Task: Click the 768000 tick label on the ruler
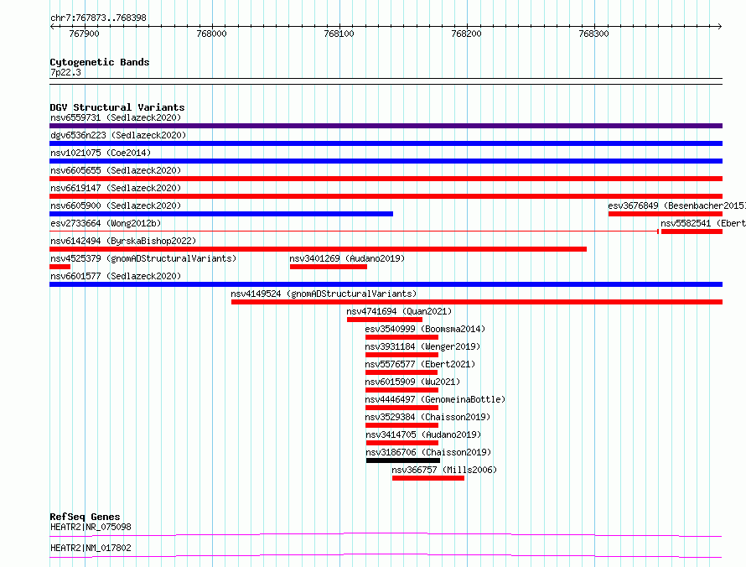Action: pyautogui.click(x=212, y=34)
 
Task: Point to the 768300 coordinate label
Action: pyautogui.click(x=593, y=34)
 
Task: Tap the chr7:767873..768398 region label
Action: pyautogui.click(x=98, y=18)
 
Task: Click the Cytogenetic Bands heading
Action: pyautogui.click(x=100, y=62)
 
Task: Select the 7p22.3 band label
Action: pyautogui.click(x=65, y=72)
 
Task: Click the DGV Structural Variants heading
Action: pyautogui.click(x=117, y=107)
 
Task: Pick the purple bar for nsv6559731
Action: pyautogui.click(x=386, y=126)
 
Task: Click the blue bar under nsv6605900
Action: pyautogui.click(x=221, y=214)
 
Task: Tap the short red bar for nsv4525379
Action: pyautogui.click(x=60, y=267)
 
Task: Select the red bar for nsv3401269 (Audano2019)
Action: pyautogui.click(x=329, y=267)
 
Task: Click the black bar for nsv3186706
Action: pyautogui.click(x=403, y=460)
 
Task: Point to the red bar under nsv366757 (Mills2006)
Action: pyautogui.click(x=428, y=478)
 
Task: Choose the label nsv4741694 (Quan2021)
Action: pyautogui.click(x=399, y=311)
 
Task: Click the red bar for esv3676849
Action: pyautogui.click(x=666, y=214)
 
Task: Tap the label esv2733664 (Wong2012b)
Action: pyautogui.click(x=106, y=223)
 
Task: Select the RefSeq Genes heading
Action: pyautogui.click(x=85, y=517)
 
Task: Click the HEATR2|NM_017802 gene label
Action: pyautogui.click(x=91, y=548)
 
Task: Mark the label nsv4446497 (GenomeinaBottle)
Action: pyautogui.click(x=435, y=399)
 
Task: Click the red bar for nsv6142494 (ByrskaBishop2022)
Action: pyautogui.click(x=318, y=249)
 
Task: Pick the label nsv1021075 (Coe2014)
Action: pyautogui.click(x=101, y=153)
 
